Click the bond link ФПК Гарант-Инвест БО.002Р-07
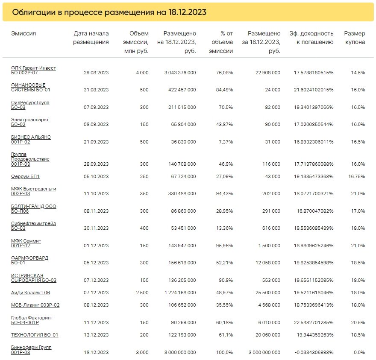pyautogui.click(x=33, y=70)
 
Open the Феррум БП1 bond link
pyautogui.click(x=25, y=176)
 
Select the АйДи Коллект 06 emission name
pyautogui.click(x=30, y=293)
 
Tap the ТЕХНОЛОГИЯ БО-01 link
pyautogui.click(x=35, y=335)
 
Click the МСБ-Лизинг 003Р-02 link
pyautogui.click(x=35, y=305)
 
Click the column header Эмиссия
pyautogui.click(x=23, y=33)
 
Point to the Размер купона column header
pyautogui.click(x=355, y=38)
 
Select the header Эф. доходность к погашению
pyautogui.click(x=311, y=38)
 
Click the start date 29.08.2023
pyautogui.click(x=97, y=73)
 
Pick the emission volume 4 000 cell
pyautogui.click(x=142, y=73)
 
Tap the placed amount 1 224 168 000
pyautogui.click(x=179, y=293)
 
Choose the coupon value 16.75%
pyautogui.click(x=356, y=176)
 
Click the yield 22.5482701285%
pyautogui.click(x=314, y=322)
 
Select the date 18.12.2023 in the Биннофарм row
pyautogui.click(x=97, y=352)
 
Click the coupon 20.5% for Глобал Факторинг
pyautogui.click(x=358, y=322)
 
